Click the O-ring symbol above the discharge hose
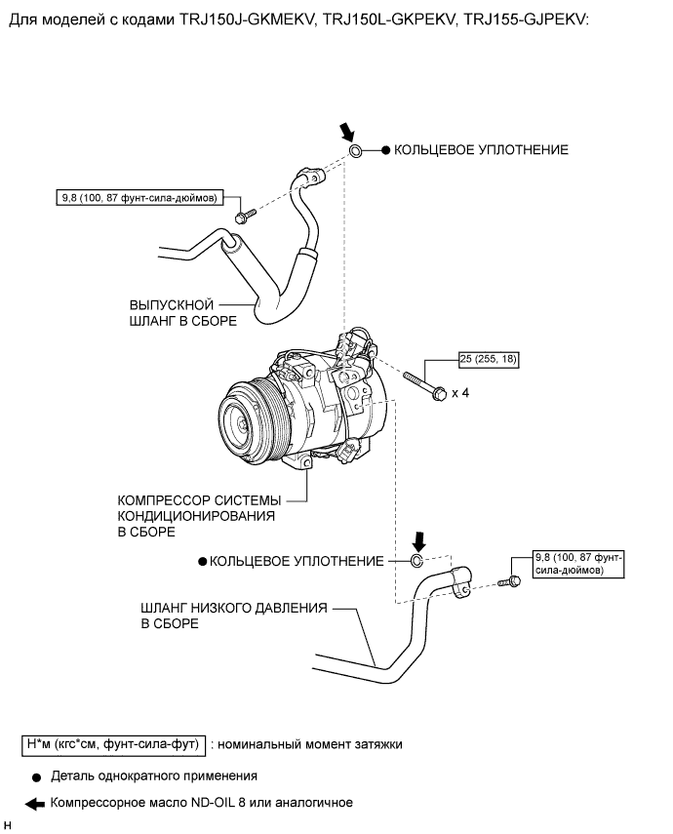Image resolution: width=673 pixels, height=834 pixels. [355, 150]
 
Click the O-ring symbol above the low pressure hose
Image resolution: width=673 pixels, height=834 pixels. [416, 561]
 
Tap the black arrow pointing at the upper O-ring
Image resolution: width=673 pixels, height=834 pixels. [347, 131]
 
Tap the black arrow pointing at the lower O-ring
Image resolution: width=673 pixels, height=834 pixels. [419, 541]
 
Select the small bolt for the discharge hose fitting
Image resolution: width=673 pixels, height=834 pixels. [245, 216]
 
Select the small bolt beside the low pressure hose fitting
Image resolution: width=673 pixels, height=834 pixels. [510, 581]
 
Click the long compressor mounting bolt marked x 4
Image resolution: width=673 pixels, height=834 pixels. [424, 386]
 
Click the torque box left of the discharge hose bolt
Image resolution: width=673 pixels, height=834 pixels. [139, 198]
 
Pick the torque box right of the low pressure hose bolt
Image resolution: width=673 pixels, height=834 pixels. [578, 564]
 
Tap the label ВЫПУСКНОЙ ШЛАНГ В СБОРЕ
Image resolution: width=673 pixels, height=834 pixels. [183, 313]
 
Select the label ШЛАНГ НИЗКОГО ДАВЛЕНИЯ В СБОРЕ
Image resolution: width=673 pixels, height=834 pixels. [233, 616]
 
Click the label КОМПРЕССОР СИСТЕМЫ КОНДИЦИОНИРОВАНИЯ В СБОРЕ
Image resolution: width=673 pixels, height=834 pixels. [199, 516]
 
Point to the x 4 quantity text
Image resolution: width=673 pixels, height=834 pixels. [460, 393]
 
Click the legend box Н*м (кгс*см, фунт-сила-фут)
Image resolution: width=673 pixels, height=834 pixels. [113, 743]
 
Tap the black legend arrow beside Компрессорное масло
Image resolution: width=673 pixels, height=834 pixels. [35, 804]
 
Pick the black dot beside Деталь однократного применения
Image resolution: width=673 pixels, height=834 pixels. [36, 777]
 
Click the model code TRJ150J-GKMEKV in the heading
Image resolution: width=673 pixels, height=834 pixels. [247, 20]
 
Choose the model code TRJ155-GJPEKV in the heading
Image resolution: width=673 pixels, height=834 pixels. [524, 20]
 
